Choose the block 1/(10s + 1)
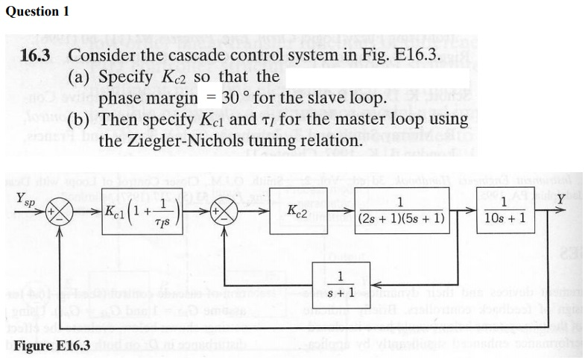[504, 211]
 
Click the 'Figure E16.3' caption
[51, 345]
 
